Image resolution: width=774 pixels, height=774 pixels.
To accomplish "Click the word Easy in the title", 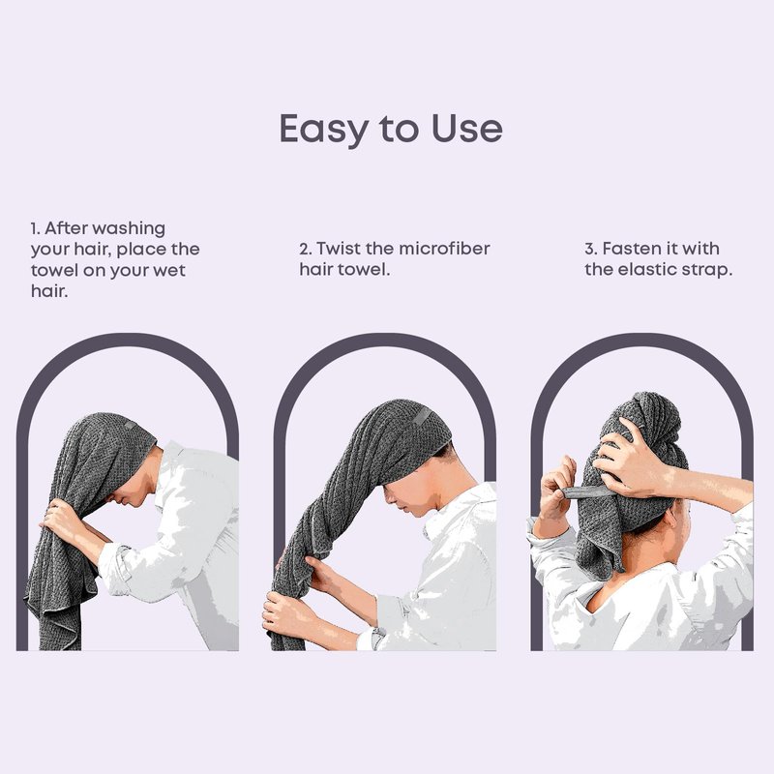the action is click(x=324, y=130).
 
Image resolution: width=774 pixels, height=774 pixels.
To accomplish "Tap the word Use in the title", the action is click(x=467, y=129).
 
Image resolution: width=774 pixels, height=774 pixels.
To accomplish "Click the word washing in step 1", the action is click(x=129, y=229).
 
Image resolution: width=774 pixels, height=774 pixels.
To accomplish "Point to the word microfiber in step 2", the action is click(x=444, y=249).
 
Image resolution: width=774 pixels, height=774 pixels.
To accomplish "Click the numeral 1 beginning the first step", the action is click(x=35, y=229).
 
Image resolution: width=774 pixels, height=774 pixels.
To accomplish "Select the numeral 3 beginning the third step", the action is click(x=590, y=249).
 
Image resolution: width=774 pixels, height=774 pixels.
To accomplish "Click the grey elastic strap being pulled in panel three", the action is click(x=588, y=491).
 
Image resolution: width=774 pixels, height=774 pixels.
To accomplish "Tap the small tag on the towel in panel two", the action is click(x=422, y=417).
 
